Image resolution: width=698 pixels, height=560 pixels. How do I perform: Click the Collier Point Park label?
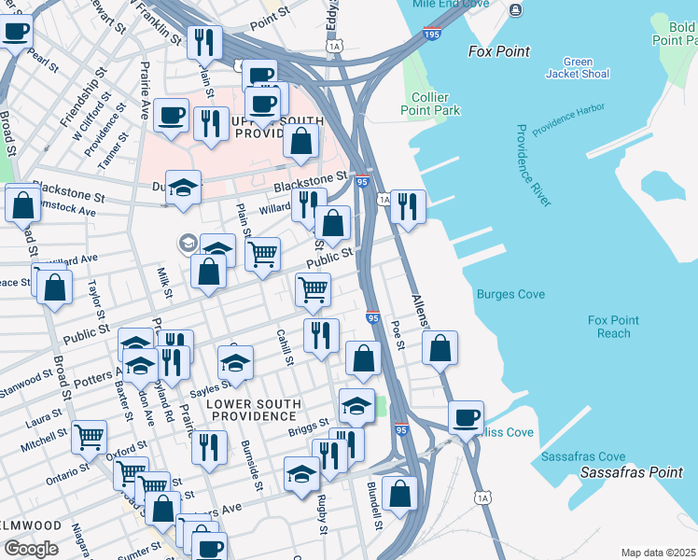(x=435, y=104)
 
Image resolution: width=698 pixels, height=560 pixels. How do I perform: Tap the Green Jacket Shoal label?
(x=578, y=68)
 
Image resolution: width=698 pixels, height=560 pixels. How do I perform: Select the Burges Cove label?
(x=510, y=295)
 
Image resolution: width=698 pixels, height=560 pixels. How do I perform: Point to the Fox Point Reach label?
(x=614, y=327)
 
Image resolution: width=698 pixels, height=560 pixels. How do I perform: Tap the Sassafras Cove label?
(x=583, y=456)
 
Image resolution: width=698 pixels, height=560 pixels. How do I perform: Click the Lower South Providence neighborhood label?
(x=241, y=411)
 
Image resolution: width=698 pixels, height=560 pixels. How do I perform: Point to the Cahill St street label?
(x=285, y=347)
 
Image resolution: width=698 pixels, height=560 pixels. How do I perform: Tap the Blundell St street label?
(x=373, y=505)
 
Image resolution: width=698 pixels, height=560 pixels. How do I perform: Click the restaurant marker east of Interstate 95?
(x=408, y=206)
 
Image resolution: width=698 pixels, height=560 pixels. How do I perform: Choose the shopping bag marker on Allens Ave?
(x=440, y=347)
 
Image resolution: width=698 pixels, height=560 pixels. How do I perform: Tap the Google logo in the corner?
(x=32, y=548)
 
